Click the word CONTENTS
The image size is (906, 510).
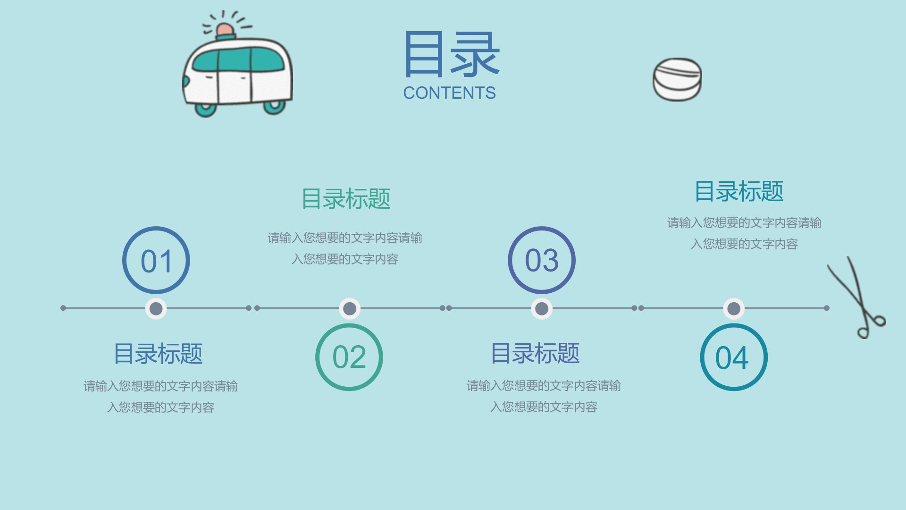(x=449, y=93)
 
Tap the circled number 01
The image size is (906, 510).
(x=156, y=260)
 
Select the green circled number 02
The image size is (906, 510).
(x=349, y=357)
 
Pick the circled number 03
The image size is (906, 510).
(x=542, y=260)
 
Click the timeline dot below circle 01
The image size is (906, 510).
(x=156, y=309)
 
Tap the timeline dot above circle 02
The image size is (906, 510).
(x=350, y=309)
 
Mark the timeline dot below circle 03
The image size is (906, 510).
(x=542, y=309)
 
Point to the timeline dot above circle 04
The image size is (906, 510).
(x=734, y=309)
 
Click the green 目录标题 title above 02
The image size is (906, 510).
(x=346, y=199)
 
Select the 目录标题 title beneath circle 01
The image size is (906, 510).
(x=158, y=354)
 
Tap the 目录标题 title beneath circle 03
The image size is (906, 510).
(x=535, y=353)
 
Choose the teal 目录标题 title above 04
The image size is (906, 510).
(x=739, y=191)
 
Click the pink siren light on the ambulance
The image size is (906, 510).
(x=225, y=30)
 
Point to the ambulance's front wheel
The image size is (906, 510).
(x=206, y=109)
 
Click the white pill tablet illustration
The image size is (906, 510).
(x=677, y=79)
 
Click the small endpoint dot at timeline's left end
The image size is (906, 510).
(x=63, y=308)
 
